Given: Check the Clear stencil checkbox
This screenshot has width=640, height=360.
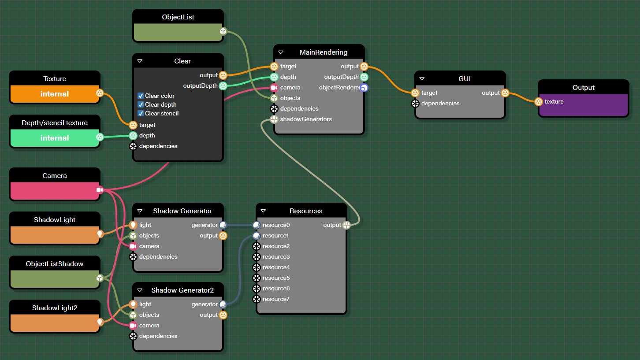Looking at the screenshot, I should pos(141,113).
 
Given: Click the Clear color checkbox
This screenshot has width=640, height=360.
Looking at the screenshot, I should pos(141,96).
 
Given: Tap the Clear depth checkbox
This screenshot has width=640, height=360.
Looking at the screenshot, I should pos(141,104).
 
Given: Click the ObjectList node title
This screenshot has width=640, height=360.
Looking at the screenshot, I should pos(178,17).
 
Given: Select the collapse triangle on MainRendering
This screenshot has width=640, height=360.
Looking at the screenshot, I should pos(281,52).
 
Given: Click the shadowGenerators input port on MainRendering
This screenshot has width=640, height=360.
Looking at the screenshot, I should pos(274,119).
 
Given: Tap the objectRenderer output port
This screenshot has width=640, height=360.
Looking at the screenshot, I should pos(364,88).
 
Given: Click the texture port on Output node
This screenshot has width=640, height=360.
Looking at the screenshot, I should pos(539,102).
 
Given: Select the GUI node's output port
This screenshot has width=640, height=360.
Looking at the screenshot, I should pos(505,93).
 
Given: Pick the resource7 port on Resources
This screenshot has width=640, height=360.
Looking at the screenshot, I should pos(257,299).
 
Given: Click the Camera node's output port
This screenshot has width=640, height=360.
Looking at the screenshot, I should pos(100,190).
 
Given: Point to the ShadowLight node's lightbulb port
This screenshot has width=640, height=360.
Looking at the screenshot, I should pos(100,234).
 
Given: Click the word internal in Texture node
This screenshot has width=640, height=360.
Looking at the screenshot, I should pos(55,94).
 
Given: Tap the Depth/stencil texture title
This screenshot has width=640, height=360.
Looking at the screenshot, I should pos(55,123).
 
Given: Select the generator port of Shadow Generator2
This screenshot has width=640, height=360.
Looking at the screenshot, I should pos(223,304).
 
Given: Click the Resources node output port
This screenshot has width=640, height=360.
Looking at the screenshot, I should pos(346,225).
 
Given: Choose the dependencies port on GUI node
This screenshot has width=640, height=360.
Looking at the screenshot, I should pos(415,104).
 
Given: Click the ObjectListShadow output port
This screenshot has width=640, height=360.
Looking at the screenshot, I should pos(100,278).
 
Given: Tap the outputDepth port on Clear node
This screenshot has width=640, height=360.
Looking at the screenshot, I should pos(223,86).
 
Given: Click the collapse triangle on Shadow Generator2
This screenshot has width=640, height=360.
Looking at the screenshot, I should pos(140,290).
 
